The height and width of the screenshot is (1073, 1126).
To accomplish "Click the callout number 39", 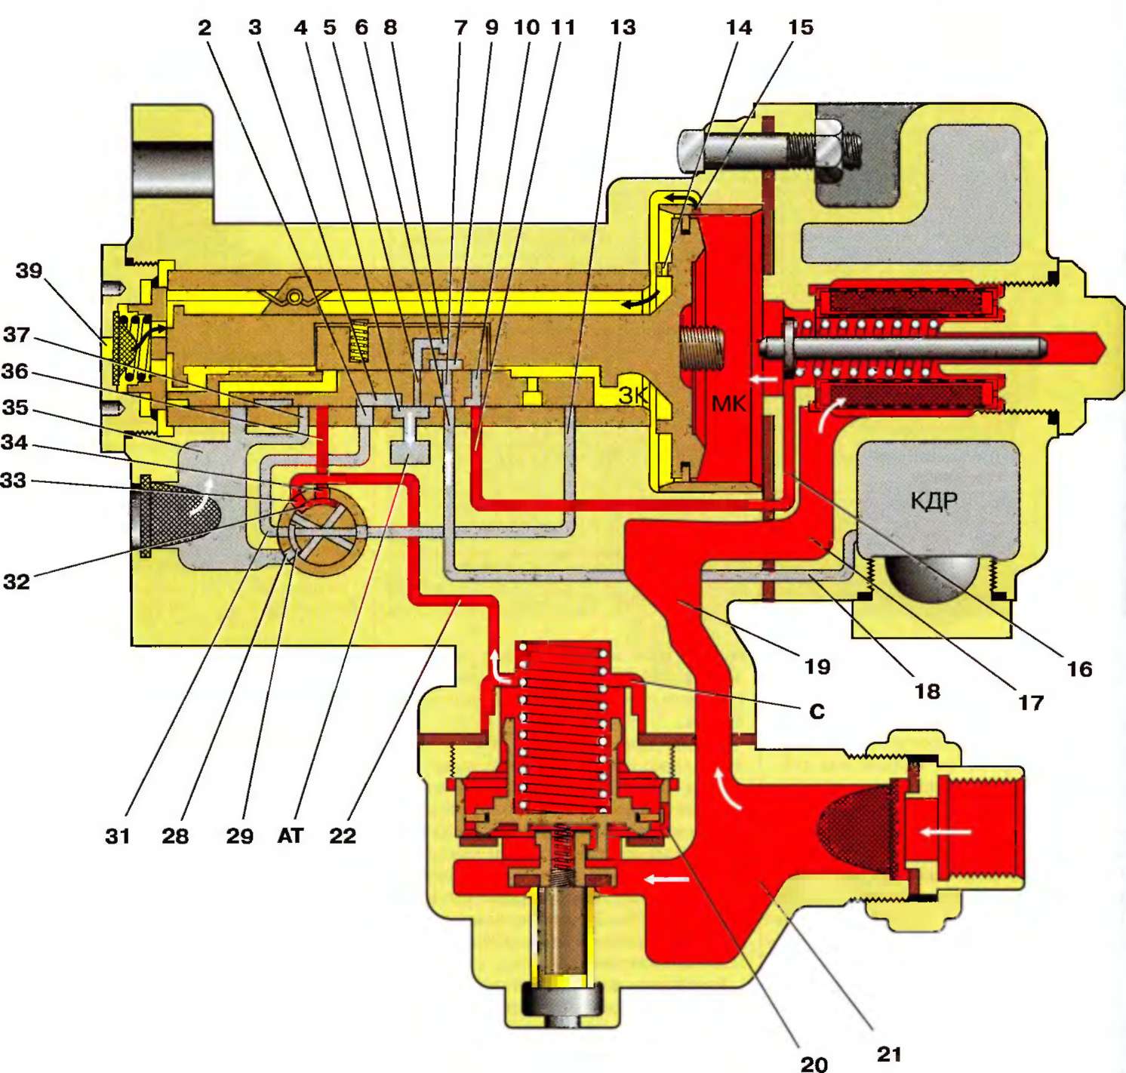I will (x=29, y=270).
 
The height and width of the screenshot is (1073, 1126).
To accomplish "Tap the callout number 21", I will (x=889, y=1053).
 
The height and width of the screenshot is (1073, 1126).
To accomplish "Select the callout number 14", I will (x=739, y=28).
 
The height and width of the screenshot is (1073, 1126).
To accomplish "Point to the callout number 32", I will (x=17, y=581).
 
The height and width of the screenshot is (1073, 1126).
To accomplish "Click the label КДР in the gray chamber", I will (x=934, y=501).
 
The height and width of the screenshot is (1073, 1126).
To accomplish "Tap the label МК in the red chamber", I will (x=728, y=404).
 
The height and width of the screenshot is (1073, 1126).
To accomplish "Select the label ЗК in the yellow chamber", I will (x=633, y=395).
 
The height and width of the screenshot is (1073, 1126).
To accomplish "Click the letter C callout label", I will (x=817, y=712).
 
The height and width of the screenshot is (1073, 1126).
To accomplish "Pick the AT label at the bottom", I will (x=291, y=835).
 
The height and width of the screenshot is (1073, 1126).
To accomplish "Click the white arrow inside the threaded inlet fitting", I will (x=945, y=832).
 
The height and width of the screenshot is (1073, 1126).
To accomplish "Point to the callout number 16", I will (x=1079, y=669).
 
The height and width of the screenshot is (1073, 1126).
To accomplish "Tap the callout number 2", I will (x=205, y=28).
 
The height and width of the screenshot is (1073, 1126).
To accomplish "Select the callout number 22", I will (x=343, y=835).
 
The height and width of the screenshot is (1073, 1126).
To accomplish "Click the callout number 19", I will (x=817, y=666).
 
